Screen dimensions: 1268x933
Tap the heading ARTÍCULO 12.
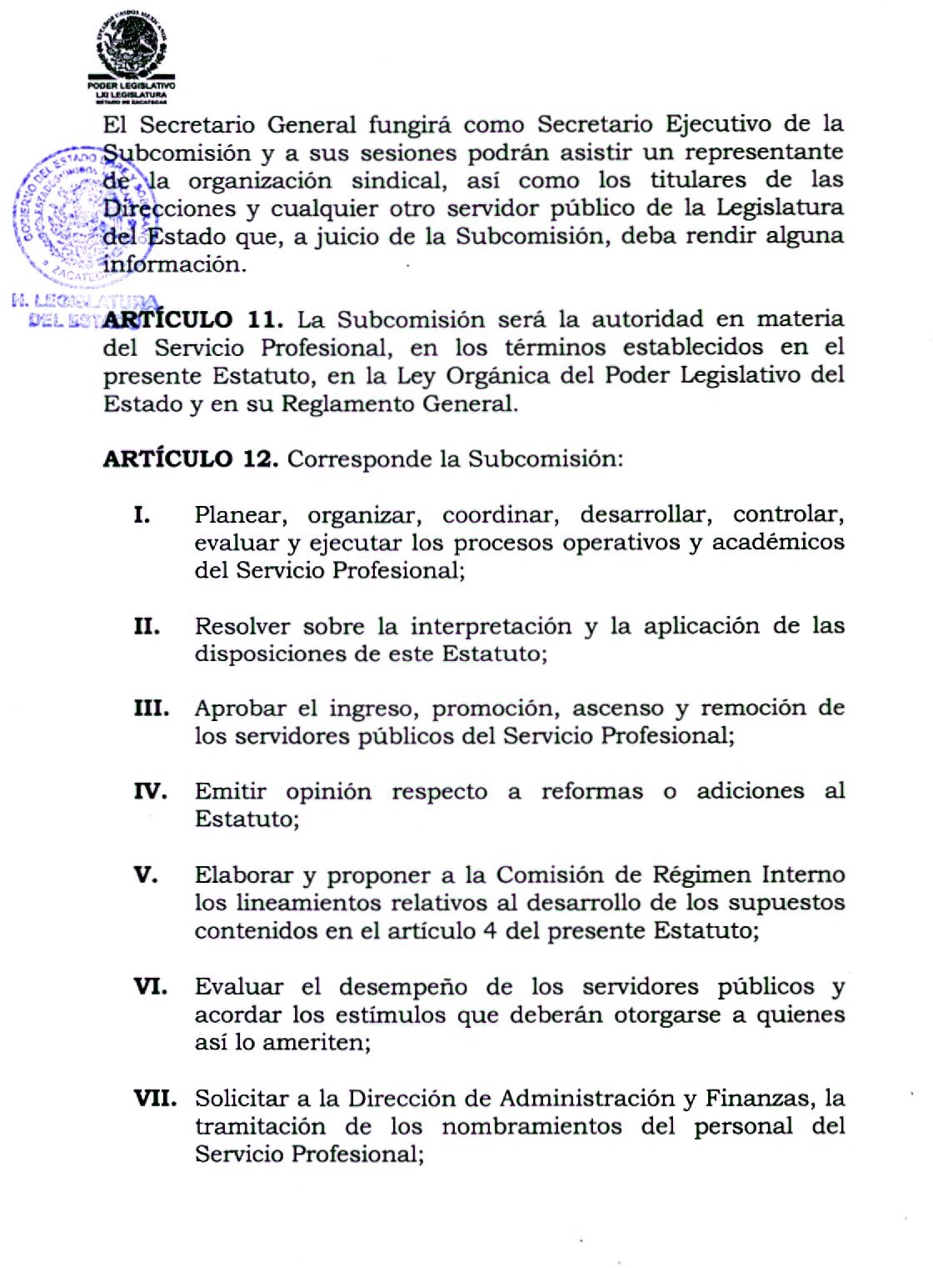pos(191,459)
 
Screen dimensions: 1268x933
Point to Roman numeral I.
pos(142,515)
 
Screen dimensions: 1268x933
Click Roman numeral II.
pos(147,626)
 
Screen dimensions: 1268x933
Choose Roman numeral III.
pos(152,709)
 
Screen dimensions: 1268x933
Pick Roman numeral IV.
pos(151,791)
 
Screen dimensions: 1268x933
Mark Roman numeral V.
pos(146,875)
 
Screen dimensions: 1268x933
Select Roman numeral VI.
pos(151,987)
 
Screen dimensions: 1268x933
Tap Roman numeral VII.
pos(155,1099)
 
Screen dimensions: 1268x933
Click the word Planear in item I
pos(241,516)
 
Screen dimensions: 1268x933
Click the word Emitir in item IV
pos(231,791)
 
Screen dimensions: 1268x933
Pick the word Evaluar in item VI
pos(242,987)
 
